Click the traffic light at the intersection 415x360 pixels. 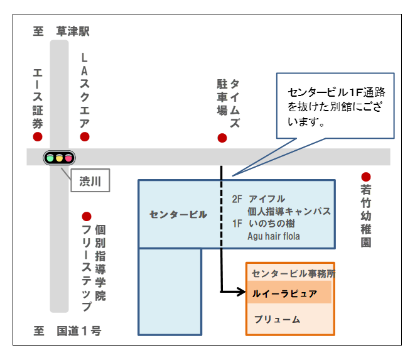coord(59,158)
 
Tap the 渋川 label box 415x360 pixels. coord(90,181)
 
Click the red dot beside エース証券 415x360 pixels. coord(38,137)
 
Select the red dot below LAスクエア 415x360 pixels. coord(85,137)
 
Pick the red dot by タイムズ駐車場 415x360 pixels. coord(222,138)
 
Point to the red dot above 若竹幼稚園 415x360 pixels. coord(366,177)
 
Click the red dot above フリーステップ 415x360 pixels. coord(87,217)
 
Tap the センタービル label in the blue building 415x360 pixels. coord(178,215)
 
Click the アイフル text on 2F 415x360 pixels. coord(267,199)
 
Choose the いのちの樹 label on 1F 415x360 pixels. coord(272,224)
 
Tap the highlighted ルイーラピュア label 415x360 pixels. coord(284,293)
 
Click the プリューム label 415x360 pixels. coord(277,319)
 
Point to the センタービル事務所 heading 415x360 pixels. coord(293,273)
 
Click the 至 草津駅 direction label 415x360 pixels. coord(61,31)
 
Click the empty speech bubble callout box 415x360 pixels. coord(335,106)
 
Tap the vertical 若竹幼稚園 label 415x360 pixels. coord(366,215)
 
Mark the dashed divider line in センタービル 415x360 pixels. coord(222,214)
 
